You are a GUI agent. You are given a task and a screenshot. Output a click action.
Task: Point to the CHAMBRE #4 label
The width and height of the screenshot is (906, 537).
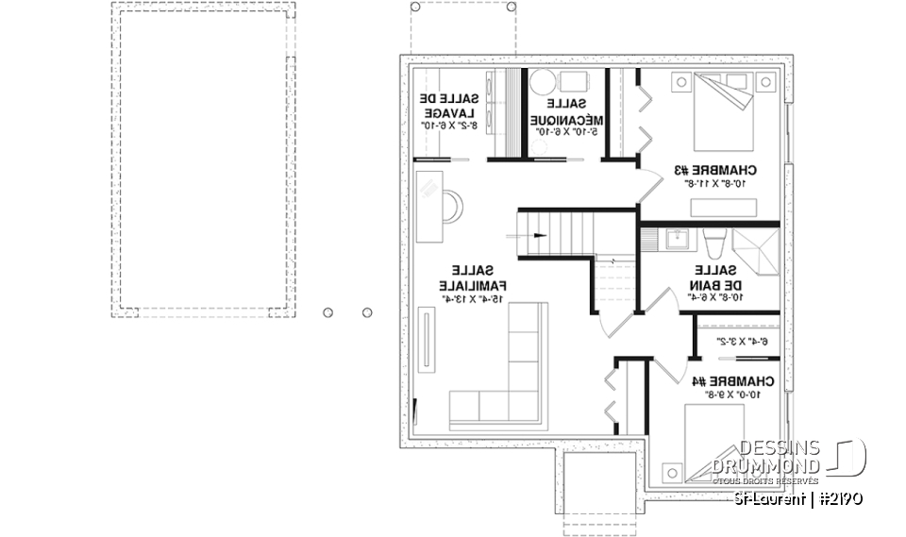[x=733, y=382]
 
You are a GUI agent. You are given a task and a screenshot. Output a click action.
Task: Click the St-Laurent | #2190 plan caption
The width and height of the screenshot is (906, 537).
[x=797, y=498]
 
